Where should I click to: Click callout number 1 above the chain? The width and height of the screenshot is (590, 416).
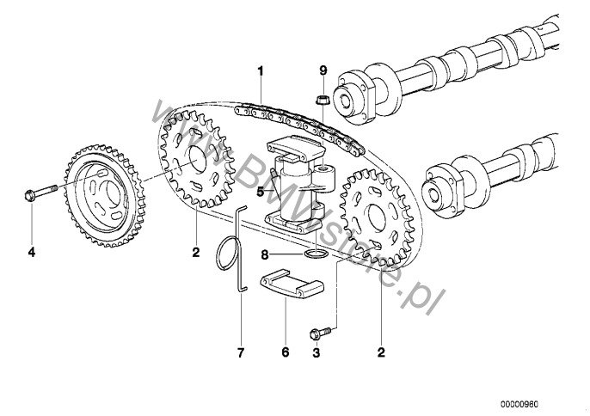[x=261, y=71]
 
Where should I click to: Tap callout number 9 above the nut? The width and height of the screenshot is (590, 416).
[x=323, y=70]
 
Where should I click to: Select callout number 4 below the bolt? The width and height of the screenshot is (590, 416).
[x=32, y=252]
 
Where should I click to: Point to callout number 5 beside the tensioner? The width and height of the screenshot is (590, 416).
[x=260, y=192]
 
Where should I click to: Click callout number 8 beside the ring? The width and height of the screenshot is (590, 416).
[x=265, y=255]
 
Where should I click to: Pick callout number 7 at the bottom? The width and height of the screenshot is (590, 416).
[x=241, y=352]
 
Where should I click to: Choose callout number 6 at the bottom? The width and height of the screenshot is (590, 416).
[x=286, y=352]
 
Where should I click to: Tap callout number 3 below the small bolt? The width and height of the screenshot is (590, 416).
[x=316, y=352]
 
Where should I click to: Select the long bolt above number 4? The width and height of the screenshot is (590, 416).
[x=40, y=191]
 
